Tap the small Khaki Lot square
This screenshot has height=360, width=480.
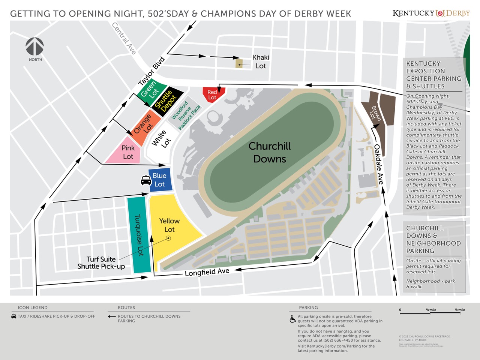click(239, 63)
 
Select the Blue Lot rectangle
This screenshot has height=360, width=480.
click(160, 180)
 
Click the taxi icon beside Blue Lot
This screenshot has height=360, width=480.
click(146, 181)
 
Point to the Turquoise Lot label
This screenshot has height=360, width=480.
click(139, 235)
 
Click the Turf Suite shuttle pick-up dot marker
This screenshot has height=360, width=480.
click(168, 238)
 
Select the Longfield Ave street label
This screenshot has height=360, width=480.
click(207, 272)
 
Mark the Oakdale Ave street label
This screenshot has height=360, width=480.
click(379, 164)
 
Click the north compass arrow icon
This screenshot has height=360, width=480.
click(34, 47)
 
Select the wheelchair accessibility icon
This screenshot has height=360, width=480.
click(292, 319)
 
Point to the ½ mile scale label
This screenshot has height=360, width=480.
click(459, 310)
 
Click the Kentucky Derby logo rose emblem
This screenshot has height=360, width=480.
click(440, 13)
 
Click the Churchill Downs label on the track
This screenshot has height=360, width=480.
click(270, 152)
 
